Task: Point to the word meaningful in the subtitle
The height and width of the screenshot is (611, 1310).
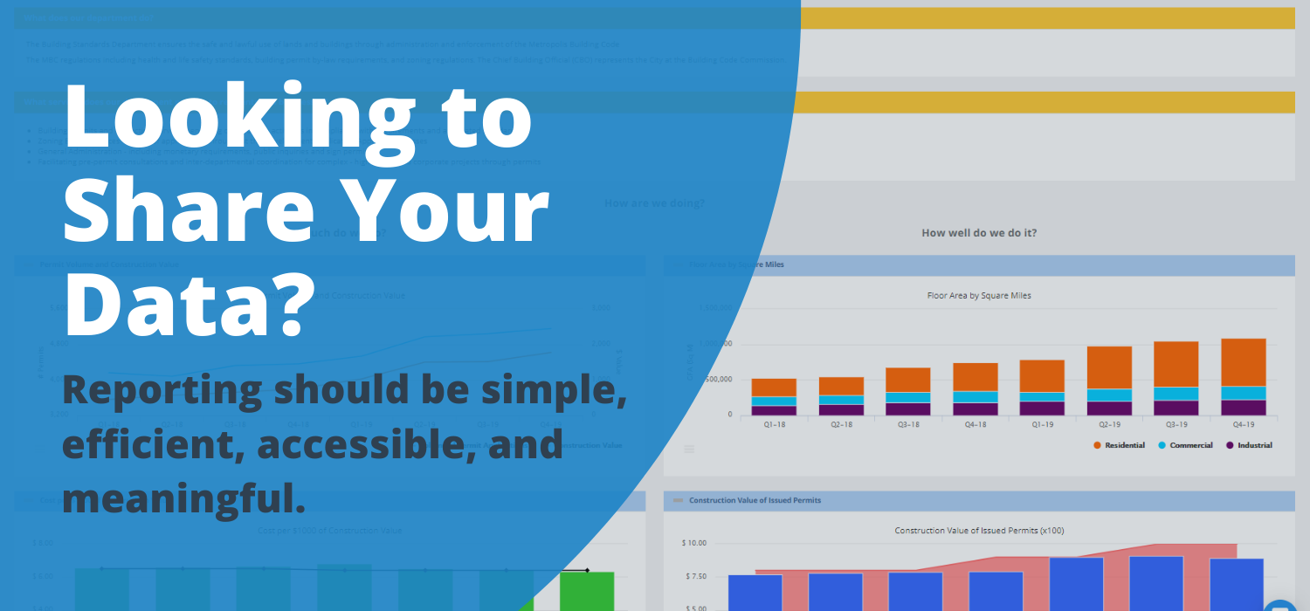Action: [x=183, y=498]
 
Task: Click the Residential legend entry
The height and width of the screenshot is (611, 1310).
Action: [x=1119, y=445]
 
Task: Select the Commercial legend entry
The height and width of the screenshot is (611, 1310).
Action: [x=1185, y=445]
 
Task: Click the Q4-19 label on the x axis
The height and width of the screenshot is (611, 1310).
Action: [x=1243, y=424]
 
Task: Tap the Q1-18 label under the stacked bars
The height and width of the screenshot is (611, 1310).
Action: [x=773, y=424]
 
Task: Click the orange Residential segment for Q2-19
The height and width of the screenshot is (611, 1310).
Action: [x=1109, y=367]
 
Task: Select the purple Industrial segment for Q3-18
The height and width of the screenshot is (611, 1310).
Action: [x=908, y=408]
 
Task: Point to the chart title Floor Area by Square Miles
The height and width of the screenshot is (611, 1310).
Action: [x=978, y=296]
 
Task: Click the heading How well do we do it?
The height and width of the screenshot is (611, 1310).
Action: [x=979, y=233]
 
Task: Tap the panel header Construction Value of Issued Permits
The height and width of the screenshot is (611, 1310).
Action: [x=755, y=500]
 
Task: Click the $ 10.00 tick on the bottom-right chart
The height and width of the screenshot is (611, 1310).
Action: [x=694, y=543]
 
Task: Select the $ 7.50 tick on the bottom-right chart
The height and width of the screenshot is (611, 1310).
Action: [x=694, y=576]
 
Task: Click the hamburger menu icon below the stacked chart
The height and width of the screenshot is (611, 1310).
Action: [x=689, y=449]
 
